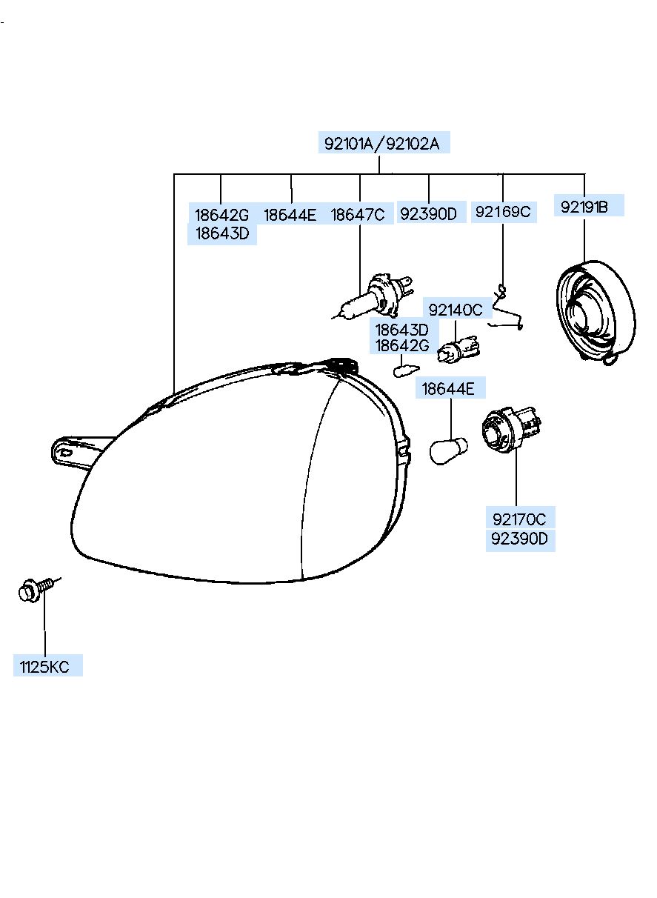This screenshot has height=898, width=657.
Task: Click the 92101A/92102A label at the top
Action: pos(381,143)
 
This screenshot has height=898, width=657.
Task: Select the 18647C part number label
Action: pos(358,215)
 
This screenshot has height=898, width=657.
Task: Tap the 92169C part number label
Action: pos(503,211)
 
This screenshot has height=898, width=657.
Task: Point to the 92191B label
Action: pos(584,207)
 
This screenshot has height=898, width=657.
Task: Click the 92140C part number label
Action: pos(456,310)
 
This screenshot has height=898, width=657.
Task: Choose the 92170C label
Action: pos(519,519)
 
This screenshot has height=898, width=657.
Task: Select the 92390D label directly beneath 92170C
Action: pos(519,539)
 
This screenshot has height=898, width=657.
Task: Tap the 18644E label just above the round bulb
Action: pos(448,388)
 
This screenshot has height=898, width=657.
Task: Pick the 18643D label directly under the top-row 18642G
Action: pos(222,233)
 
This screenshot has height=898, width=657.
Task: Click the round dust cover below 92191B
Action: pos(595,312)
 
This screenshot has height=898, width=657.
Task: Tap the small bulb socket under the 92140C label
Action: pos(458,348)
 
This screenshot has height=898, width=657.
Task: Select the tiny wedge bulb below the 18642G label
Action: pos(406,370)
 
